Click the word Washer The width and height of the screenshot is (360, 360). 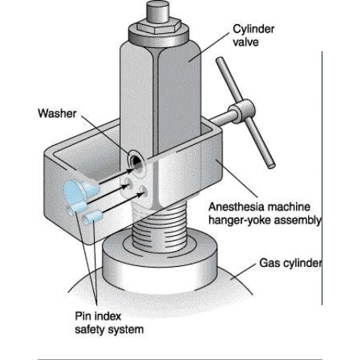coord(57,113)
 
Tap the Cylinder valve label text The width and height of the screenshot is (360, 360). coord(253,35)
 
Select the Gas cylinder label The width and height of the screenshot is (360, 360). coord(290,263)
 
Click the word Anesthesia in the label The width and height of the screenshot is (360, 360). coord(236,207)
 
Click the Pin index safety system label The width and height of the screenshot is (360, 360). coord(109,322)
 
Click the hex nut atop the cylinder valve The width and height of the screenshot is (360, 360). coord(159,26)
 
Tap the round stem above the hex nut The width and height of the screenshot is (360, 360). coord(159,11)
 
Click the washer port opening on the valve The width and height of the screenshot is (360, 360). coord(135,162)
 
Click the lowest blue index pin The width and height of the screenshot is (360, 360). coord(92,217)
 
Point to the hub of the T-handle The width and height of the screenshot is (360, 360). coord(241,112)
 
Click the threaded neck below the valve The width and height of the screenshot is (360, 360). coord(160,227)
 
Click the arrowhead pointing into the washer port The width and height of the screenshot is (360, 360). coord(131,171)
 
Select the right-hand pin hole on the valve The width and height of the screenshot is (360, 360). coord(143,190)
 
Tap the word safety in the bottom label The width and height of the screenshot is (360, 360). coord(92,329)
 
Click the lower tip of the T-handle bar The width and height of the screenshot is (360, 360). coord(272,166)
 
